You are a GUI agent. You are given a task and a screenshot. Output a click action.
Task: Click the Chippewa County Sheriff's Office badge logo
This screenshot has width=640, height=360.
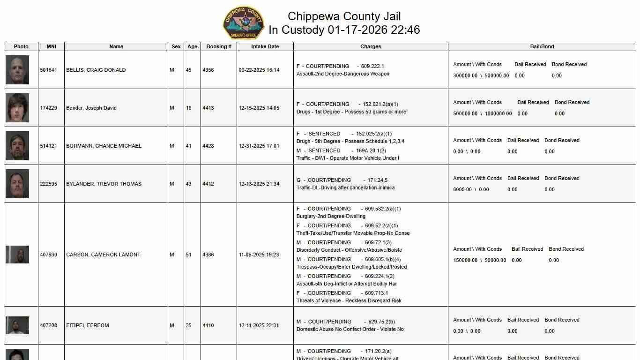244,23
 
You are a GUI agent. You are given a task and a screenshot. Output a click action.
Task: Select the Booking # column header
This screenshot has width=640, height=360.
219,46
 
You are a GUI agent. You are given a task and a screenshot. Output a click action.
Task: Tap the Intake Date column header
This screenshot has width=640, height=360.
265,46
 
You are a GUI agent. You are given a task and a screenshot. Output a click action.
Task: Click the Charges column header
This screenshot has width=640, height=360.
371,46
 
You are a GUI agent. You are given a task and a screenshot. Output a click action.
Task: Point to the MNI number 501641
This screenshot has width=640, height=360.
48,70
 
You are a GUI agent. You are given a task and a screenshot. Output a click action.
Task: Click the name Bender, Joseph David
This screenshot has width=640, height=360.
91,108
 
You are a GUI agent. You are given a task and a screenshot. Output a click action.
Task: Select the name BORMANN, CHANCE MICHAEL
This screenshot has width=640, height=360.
104,146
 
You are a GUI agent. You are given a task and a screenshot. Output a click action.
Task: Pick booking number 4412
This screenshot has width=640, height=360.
208,184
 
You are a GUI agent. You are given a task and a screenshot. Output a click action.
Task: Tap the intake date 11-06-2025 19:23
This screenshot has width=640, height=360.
259,255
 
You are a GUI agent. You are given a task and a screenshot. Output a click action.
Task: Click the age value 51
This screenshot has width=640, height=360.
189,255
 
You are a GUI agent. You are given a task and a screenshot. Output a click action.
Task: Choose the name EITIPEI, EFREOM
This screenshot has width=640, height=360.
87,325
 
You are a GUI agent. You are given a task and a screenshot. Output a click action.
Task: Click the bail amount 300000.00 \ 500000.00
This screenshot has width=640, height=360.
481,75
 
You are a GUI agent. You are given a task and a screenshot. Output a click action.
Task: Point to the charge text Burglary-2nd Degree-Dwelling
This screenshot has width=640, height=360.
331,216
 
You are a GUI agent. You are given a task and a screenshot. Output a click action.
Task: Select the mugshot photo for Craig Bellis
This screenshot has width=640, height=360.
17,70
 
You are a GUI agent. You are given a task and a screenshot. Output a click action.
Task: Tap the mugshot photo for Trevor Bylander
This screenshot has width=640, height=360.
17,184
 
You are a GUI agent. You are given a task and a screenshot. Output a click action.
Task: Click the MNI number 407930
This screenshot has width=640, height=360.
48,255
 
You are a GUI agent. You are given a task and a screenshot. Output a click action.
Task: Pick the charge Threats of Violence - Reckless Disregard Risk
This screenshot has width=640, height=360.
349,300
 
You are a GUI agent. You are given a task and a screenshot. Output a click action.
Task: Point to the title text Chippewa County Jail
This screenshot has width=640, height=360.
344,16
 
